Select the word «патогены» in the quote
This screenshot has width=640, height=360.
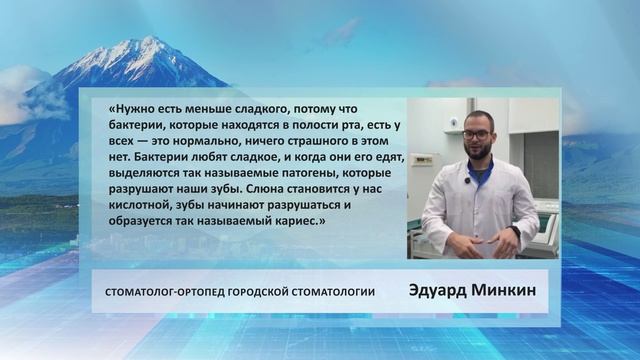coord(277,172)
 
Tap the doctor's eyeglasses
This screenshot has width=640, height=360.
coord(477,134)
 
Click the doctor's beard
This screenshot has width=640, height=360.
coord(478,153)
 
